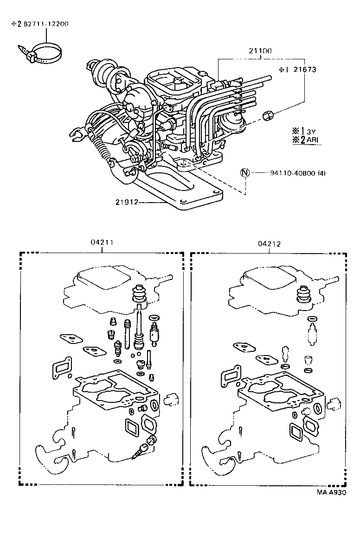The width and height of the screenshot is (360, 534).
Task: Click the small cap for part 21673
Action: [x=268, y=115]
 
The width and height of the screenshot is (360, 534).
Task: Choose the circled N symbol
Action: [x=244, y=173]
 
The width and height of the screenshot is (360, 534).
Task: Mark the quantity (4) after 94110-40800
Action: [x=322, y=173]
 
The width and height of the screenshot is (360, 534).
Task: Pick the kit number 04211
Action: [x=101, y=242]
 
